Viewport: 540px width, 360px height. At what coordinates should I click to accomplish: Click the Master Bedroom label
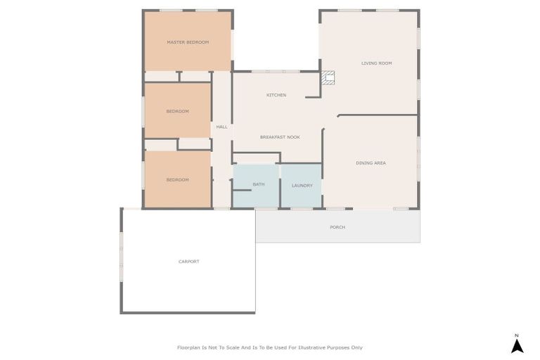pos(188,42)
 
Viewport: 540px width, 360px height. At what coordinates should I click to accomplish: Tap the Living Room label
pos(376,63)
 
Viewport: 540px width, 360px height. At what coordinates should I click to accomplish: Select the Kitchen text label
pos(276,95)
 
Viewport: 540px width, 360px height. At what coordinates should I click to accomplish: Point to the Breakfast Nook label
pos(280,137)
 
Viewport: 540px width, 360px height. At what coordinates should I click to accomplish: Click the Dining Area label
pos(371,163)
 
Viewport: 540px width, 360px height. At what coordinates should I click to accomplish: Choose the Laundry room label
pos(302,186)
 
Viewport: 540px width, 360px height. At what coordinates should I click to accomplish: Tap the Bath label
pos(259,184)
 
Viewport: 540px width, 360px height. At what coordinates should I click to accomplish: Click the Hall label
pos(221,127)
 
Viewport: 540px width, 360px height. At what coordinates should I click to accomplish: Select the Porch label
pos(337,227)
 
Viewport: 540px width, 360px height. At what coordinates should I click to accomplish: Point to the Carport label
pos(188,262)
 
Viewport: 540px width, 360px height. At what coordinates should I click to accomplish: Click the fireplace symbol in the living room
pos(328,78)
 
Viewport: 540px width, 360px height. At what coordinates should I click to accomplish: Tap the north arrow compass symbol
pos(517,346)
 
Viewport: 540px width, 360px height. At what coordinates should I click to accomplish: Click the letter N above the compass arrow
pos(517,335)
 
